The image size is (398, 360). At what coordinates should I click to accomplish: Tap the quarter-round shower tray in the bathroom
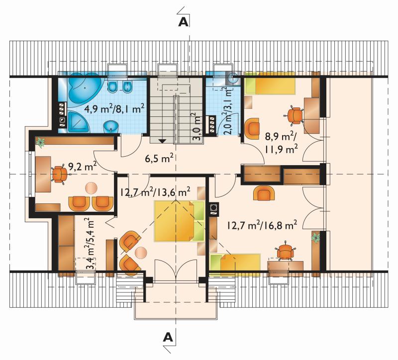tap(78, 121)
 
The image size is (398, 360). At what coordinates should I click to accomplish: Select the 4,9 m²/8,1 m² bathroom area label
tap(114, 109)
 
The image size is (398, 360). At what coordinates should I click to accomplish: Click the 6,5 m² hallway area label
tap(159, 159)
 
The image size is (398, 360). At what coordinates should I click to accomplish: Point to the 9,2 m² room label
tap(83, 166)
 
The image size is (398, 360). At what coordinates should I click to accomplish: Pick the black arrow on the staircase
tap(162, 141)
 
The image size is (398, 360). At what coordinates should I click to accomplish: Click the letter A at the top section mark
tap(183, 22)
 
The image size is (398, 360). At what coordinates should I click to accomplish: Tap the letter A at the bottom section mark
tap(168, 337)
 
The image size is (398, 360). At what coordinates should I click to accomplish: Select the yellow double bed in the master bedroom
tap(180, 220)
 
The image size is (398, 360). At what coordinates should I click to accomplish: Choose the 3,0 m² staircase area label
tap(197, 126)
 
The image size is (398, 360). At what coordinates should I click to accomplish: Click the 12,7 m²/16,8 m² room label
tap(262, 225)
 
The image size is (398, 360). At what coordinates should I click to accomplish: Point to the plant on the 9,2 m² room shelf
tap(40, 142)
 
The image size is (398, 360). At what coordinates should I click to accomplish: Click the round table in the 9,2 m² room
tap(91, 188)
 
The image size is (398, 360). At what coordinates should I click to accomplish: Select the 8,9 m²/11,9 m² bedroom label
tap(281, 143)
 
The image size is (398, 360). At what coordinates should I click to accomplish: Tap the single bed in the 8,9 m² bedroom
tap(270, 83)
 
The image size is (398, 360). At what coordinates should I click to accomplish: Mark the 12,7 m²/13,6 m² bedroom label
tap(155, 192)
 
